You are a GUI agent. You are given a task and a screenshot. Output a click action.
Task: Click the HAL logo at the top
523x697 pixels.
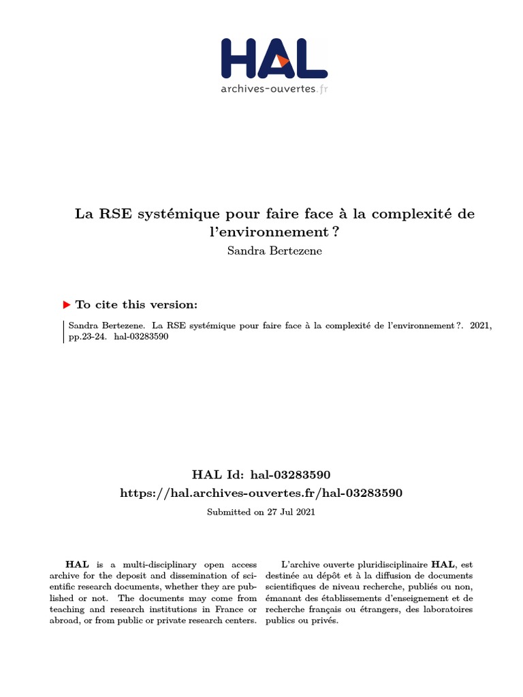tap(274, 59)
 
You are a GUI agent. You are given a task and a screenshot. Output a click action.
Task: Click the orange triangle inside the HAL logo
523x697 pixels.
tap(283, 61)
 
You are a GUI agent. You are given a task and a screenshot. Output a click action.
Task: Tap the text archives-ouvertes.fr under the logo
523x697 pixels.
tap(274, 88)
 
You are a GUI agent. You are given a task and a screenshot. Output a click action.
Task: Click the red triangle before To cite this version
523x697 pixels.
tap(67, 305)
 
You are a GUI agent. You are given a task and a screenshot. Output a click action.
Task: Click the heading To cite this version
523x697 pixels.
tap(136, 305)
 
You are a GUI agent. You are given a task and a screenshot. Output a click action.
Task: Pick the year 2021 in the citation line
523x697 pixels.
tap(480, 327)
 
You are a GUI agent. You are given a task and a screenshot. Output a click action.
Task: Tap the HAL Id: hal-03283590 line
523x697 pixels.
tap(261, 474)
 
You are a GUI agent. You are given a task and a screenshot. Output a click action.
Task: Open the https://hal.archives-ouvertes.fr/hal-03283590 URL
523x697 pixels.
tap(261, 493)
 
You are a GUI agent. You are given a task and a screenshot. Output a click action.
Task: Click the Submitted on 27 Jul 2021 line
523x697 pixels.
tap(261, 512)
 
